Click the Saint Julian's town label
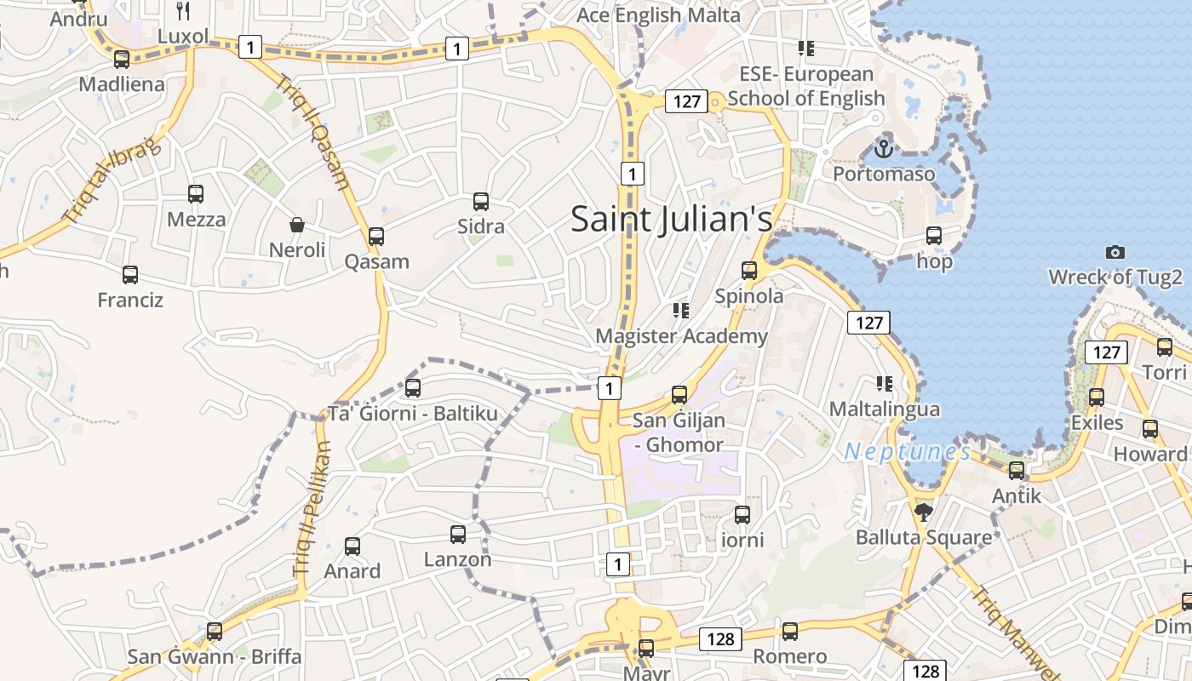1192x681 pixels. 671,219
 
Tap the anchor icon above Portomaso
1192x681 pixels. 884,150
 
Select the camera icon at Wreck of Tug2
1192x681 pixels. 1115,252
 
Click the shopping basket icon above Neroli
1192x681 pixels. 297,225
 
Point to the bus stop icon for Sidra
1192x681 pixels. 481,202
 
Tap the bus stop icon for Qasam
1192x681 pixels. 376,237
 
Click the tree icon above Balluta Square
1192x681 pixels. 924,512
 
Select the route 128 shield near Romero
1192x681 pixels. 721,638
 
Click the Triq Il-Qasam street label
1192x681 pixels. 313,132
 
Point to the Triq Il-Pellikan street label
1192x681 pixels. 312,510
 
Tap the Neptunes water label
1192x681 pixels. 907,451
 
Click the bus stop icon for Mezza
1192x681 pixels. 196,194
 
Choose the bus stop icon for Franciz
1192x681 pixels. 130,275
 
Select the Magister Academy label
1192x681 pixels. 681,336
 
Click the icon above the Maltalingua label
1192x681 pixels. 885,384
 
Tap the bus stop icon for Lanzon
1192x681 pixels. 458,535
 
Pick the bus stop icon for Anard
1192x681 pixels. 352,546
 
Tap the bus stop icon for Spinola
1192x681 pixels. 749,271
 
